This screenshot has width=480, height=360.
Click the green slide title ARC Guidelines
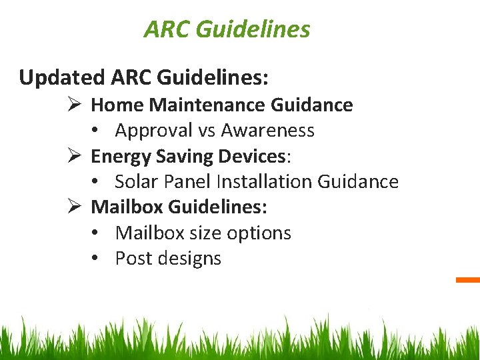(227, 29)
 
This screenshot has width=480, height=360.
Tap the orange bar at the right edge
(468, 280)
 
